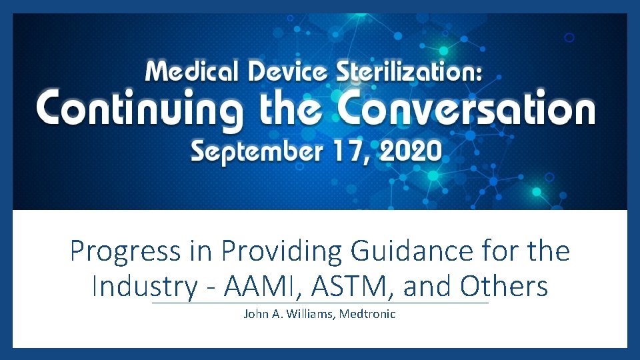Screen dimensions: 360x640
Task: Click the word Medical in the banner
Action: click(x=189, y=69)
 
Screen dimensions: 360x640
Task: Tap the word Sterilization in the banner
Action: click(x=407, y=69)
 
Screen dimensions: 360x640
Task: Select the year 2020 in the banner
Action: click(x=407, y=153)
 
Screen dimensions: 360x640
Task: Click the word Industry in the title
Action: click(x=145, y=287)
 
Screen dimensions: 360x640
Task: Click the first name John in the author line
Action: click(x=257, y=313)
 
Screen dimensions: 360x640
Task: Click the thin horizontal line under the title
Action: click(x=320, y=303)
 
